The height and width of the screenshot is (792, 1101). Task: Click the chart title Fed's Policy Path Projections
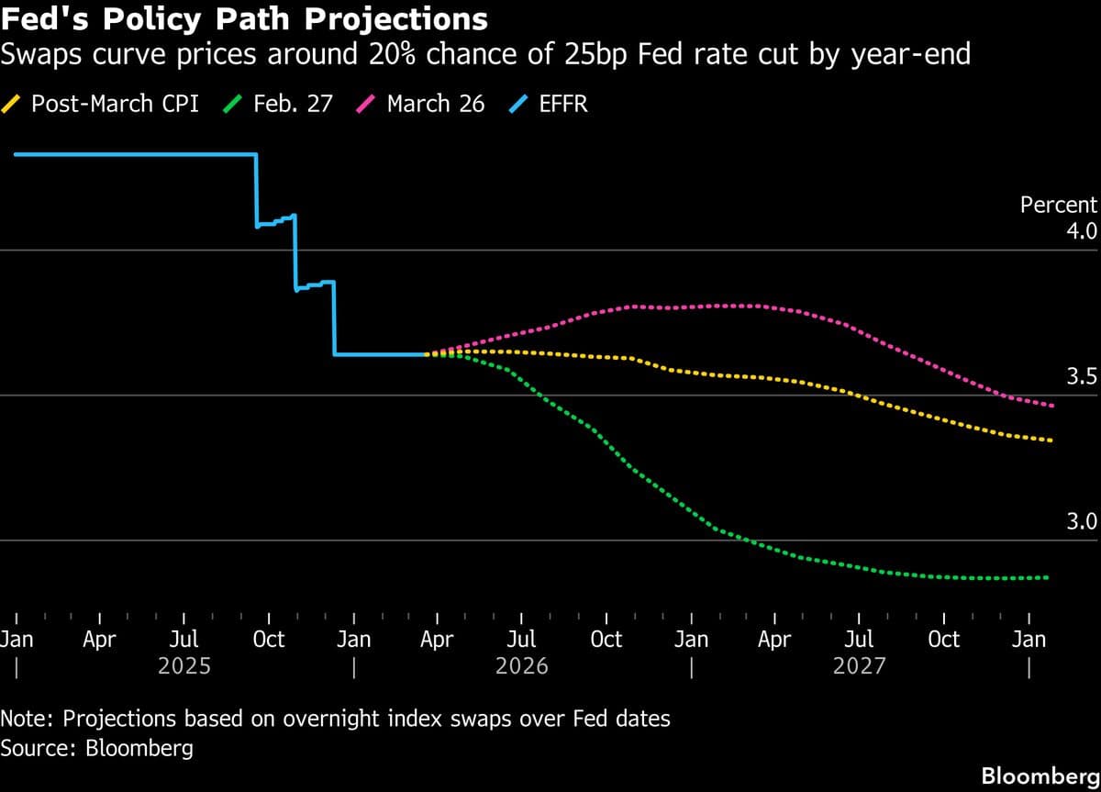pos(244,19)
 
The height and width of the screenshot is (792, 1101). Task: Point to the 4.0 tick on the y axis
pos(1080,230)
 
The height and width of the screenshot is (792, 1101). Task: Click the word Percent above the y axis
pos(1058,205)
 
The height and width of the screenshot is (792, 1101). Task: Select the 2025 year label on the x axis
pos(184,665)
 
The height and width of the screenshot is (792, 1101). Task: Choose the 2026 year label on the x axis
pos(521,665)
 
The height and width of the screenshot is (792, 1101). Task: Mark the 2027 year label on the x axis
pos(859,665)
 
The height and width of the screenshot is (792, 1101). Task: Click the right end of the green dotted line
pos(1047,577)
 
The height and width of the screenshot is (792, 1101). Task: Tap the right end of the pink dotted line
pos(1051,406)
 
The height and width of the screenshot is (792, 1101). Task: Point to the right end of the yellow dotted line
pos(1051,441)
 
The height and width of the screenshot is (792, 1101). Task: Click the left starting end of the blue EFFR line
pos(16,154)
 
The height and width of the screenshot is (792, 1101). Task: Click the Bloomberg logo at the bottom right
pos(1040,775)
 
